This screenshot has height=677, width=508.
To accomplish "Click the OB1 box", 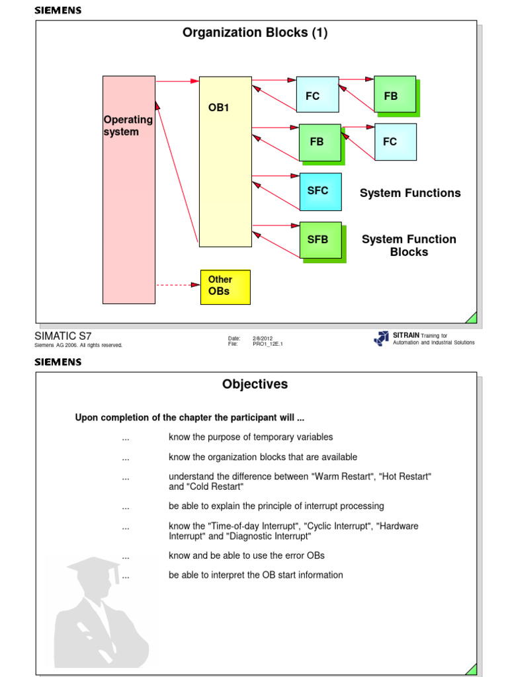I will coord(225,161).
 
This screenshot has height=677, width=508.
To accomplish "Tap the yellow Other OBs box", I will coord(225,287).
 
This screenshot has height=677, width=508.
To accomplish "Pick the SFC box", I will coord(320,192).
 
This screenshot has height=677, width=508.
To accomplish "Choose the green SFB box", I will coord(320,239).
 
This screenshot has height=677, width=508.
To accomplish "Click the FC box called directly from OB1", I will coord(317,95).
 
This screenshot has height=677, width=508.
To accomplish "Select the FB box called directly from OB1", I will coord(319,142).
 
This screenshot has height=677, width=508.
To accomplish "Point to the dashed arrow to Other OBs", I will coord(177,285).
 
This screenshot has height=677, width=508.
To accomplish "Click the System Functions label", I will coord(410,193).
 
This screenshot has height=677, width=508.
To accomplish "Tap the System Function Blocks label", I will coord(409,245).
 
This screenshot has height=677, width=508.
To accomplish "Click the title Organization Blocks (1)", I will coord(255,33).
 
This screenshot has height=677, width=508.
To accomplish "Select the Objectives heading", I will coord(255,384).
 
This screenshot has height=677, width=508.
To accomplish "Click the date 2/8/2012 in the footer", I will coord(263,338).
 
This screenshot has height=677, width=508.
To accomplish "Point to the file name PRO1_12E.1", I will coord(267,344).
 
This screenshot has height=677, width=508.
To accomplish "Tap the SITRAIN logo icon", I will coord(382,338).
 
